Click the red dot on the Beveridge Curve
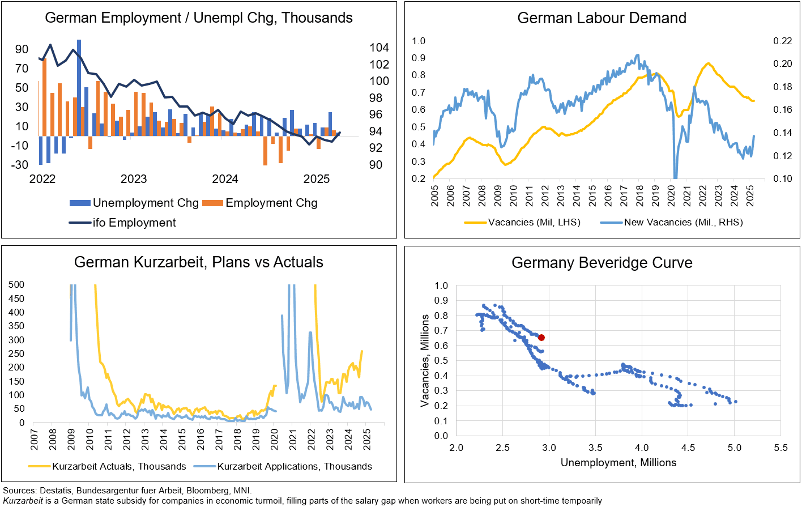(x=541, y=338)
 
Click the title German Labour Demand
(x=601, y=18)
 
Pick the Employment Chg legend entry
(x=260, y=203)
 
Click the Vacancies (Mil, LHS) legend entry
(x=522, y=222)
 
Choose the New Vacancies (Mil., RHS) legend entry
(x=671, y=222)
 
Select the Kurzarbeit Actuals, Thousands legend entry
(x=107, y=466)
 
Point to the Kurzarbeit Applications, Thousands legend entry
(x=283, y=466)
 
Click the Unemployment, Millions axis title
(x=618, y=463)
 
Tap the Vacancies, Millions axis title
(x=425, y=360)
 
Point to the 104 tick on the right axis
(x=379, y=48)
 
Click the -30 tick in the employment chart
(x=21, y=165)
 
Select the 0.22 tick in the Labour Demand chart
(x=783, y=41)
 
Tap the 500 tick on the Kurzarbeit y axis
(x=16, y=284)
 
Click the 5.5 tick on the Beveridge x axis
(x=780, y=448)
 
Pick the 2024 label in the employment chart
(x=225, y=179)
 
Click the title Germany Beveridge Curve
(x=601, y=263)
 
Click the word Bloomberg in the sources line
(x=207, y=491)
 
